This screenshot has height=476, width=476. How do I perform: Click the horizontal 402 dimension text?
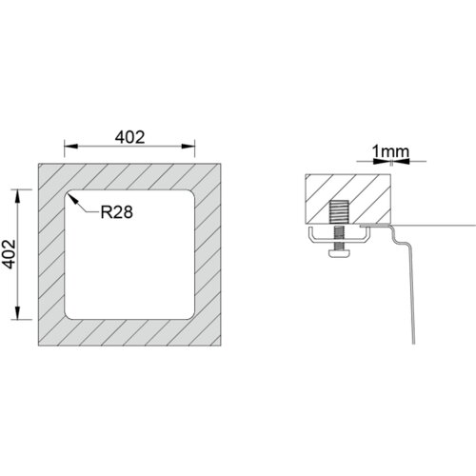[129, 137]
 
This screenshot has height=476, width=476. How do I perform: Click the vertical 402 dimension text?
[10, 254]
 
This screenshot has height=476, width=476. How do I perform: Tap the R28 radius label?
[116, 212]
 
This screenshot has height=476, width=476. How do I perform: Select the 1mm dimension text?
[390, 151]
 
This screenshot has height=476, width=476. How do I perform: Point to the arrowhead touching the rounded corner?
[72, 199]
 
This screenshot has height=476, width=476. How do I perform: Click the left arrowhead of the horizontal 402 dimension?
[71, 147]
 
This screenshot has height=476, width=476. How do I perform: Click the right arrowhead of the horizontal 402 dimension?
[188, 147]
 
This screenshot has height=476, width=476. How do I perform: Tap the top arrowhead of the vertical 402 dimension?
[17, 196]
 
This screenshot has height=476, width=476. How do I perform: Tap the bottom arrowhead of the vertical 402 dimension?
[17, 312]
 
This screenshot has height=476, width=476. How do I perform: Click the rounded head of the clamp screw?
[339, 253]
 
